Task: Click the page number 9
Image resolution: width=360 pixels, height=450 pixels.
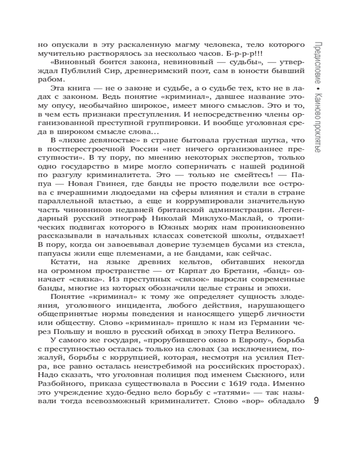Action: pos(316,401)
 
